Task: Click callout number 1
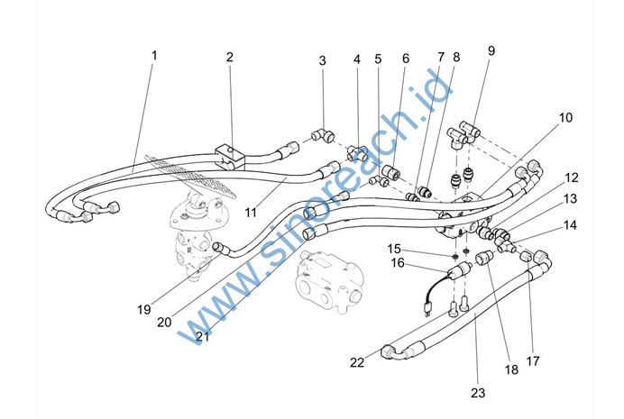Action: (154, 55)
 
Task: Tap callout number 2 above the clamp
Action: (230, 57)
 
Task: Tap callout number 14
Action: (572, 226)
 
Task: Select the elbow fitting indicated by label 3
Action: (318, 135)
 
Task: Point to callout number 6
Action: (406, 59)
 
